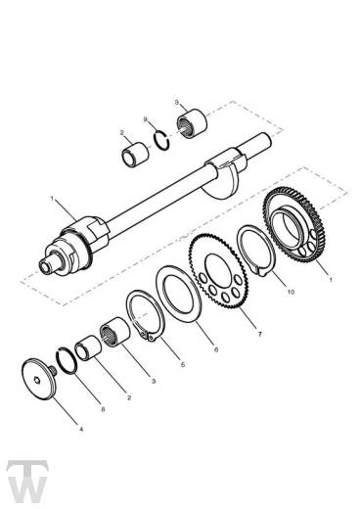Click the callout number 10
[x=290, y=291]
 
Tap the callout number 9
[x=146, y=121]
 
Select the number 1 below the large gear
[x=331, y=280]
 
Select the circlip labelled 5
[x=145, y=321]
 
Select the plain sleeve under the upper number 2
[x=134, y=156]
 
